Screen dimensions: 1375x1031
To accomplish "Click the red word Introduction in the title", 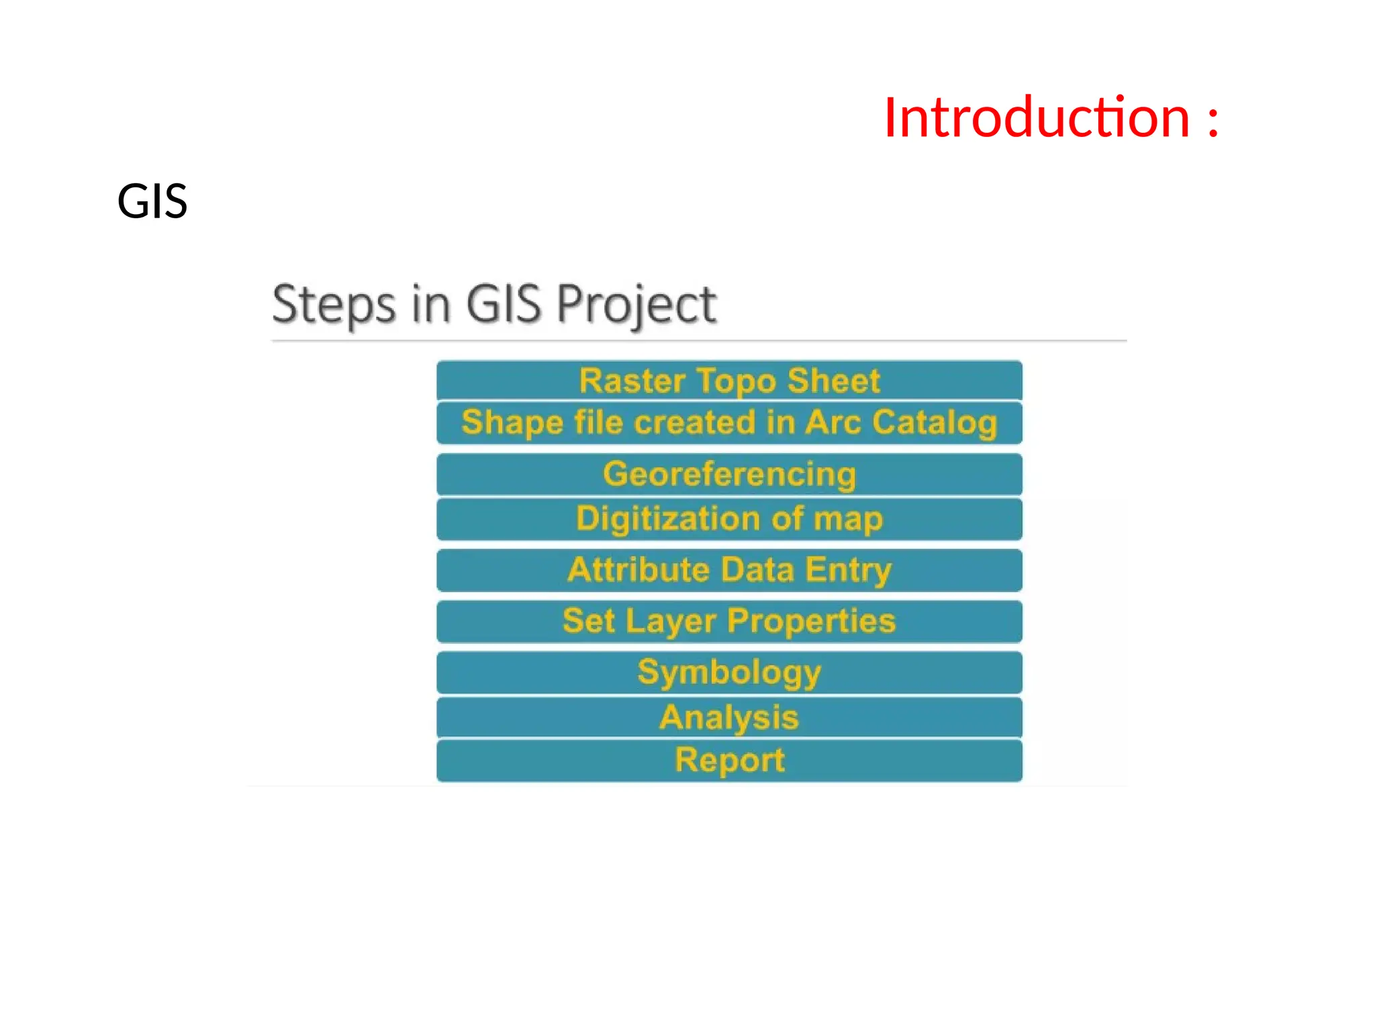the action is click(x=1037, y=118).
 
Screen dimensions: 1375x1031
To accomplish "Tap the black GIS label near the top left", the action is click(x=152, y=201).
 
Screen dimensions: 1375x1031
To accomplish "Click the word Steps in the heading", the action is click(x=334, y=305).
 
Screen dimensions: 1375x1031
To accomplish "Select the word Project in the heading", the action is click(x=636, y=305).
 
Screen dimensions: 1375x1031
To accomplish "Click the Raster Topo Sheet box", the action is click(x=729, y=381).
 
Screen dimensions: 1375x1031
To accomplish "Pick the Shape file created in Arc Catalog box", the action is click(x=729, y=423).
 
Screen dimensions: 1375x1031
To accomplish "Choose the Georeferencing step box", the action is click(x=729, y=474).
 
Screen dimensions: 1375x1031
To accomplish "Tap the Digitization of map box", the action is click(x=729, y=519).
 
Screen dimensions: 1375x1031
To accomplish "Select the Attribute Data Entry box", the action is click(x=729, y=570).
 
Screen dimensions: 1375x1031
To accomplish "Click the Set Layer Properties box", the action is click(x=729, y=621).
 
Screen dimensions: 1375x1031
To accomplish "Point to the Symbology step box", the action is click(x=729, y=672).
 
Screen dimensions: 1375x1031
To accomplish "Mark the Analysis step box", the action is click(x=729, y=718).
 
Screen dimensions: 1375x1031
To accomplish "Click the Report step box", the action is click(x=729, y=760).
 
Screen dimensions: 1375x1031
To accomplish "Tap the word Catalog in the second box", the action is click(x=935, y=423).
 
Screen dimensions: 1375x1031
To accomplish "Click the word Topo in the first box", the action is click(x=736, y=381).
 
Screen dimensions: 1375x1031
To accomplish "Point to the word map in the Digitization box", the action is click(x=848, y=520).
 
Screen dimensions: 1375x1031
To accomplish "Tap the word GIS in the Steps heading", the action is click(x=504, y=305).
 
